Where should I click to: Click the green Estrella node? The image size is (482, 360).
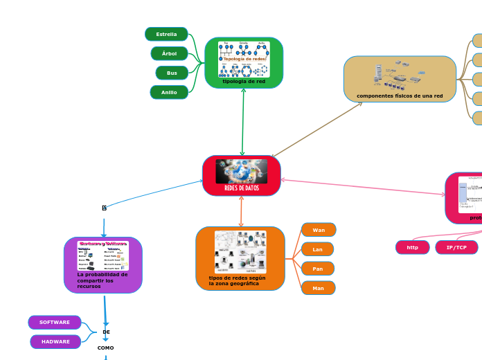(166, 34)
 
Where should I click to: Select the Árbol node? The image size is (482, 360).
(169, 53)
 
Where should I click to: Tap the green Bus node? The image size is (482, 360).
(172, 73)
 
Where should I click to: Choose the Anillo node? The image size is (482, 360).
(169, 92)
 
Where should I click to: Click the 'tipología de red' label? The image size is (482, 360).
(244, 82)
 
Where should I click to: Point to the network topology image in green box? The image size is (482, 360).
(244, 59)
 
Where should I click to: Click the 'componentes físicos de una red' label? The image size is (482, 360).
(400, 96)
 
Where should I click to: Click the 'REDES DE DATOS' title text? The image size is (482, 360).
(242, 188)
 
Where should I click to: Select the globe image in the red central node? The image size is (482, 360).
(242, 171)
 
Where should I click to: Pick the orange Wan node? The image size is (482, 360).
(319, 230)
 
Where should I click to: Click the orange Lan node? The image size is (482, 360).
(318, 249)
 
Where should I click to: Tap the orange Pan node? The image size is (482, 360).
(318, 269)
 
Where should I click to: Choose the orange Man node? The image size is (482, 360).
(318, 288)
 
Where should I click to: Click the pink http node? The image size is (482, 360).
(413, 247)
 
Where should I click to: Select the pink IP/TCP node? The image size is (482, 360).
(456, 247)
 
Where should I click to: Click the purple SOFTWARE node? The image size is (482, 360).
(55, 323)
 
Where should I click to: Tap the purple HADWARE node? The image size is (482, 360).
(55, 342)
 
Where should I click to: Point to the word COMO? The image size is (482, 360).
(105, 348)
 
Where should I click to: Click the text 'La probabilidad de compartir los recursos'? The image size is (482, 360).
(102, 280)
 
